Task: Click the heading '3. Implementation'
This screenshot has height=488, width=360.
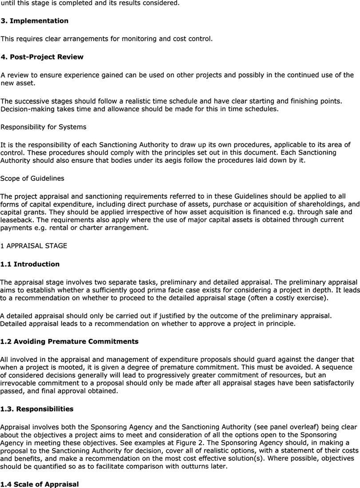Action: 35,21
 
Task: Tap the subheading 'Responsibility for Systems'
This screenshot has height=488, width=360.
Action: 44,127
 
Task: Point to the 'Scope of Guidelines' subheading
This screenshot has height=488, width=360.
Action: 32,178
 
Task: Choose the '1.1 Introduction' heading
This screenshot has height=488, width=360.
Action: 30,264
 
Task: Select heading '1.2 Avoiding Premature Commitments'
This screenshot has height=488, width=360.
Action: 69,342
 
